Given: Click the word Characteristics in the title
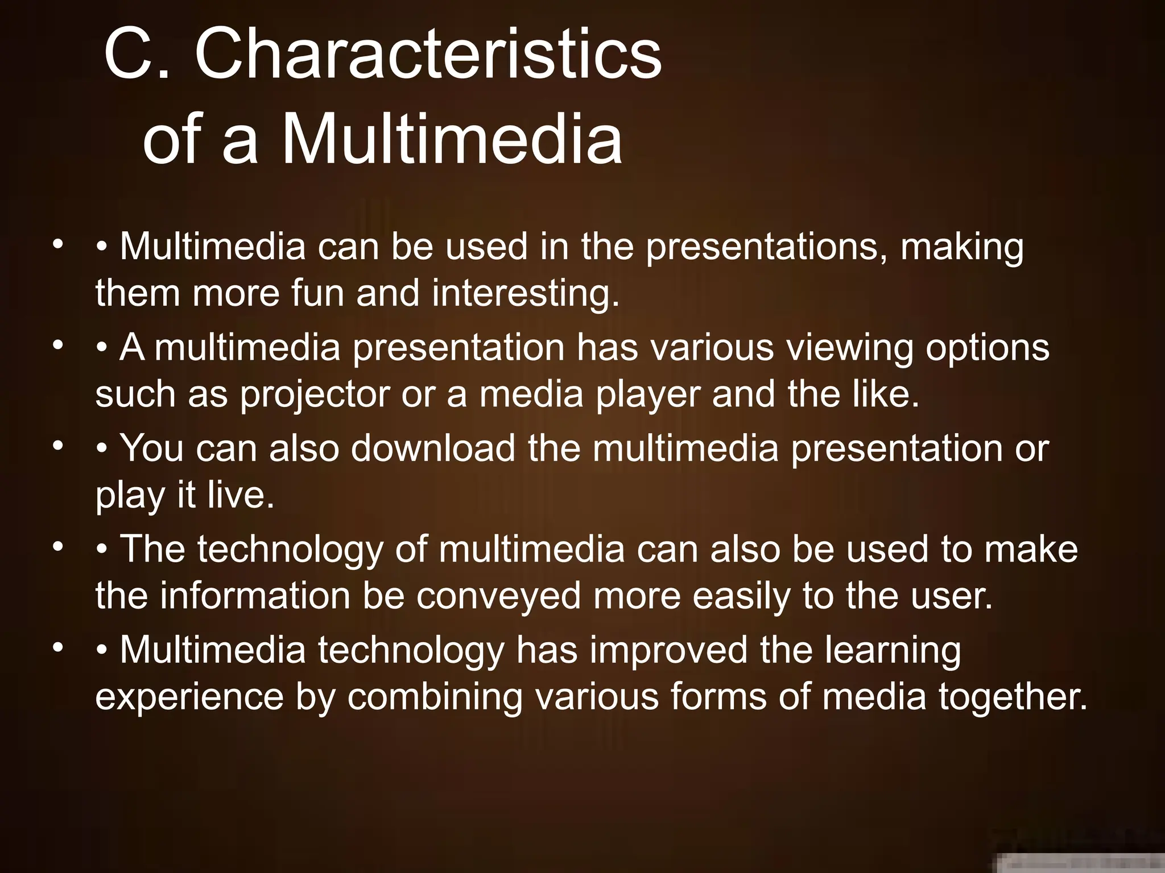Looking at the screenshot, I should pos(428,56).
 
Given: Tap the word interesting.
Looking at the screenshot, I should pos(525,294).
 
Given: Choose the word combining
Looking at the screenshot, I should pos(435,697).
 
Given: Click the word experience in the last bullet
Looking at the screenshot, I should pos(189,697).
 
